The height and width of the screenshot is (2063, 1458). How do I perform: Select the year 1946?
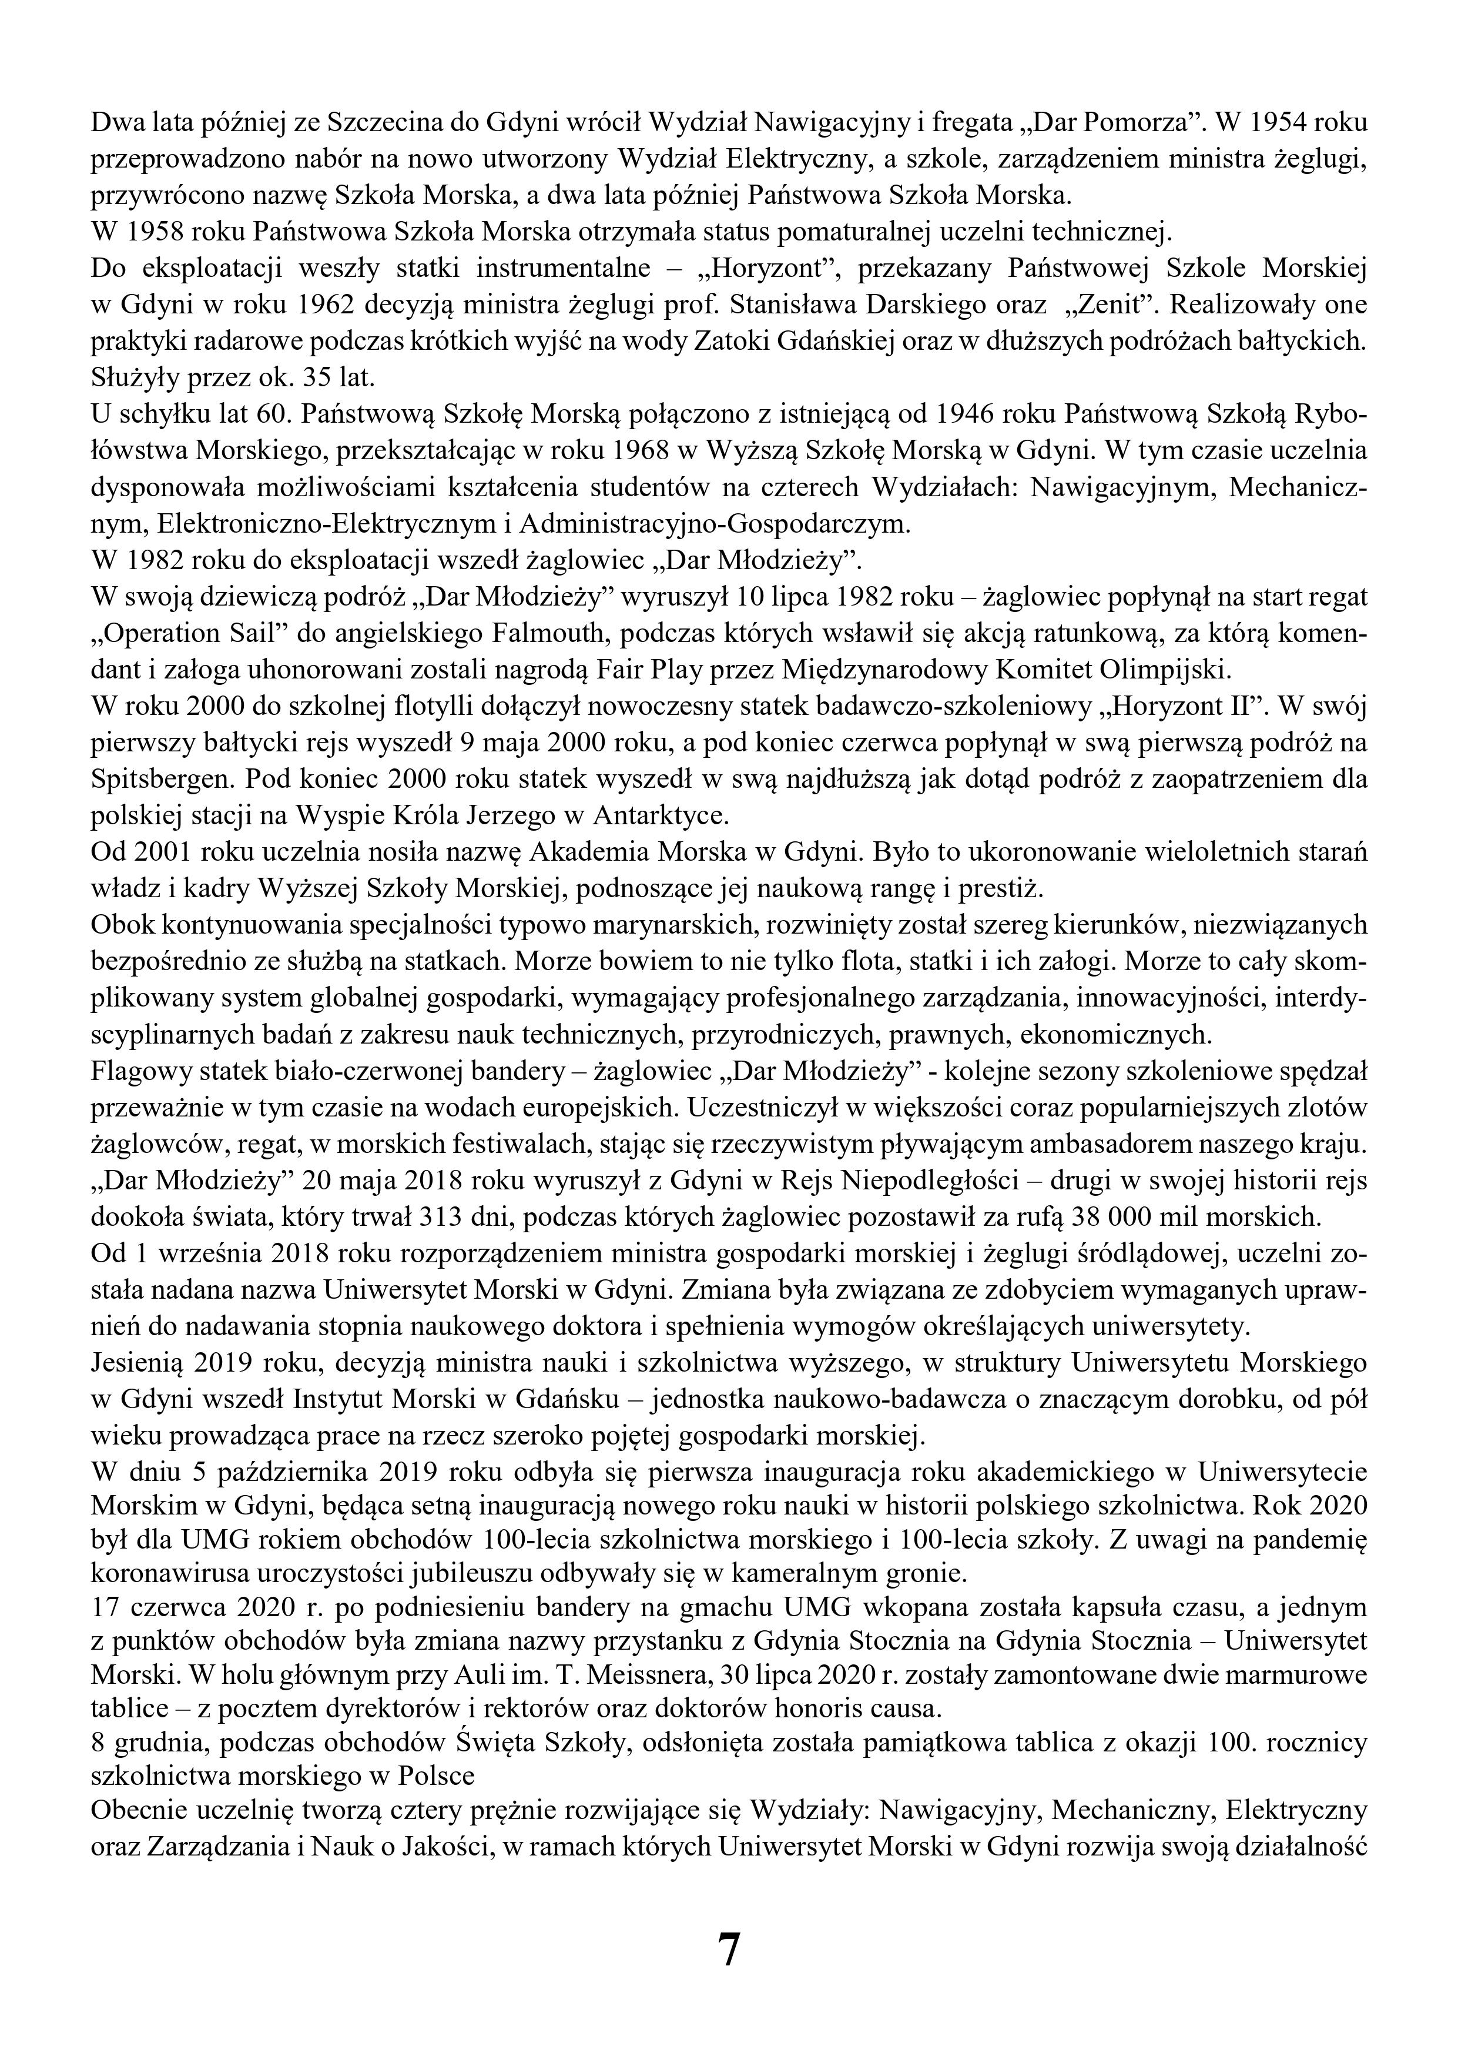coord(970,414)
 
